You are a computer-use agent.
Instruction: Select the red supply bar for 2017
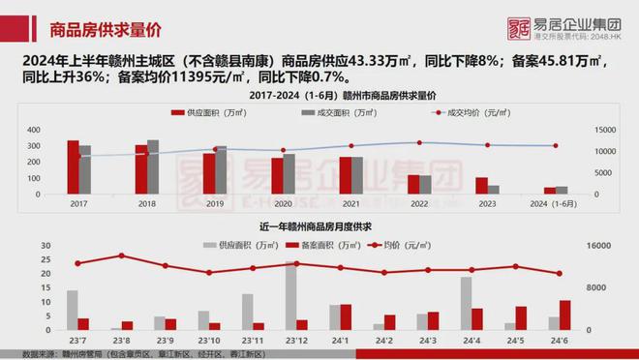[x=73, y=166]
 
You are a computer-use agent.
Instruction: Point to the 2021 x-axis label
[x=351, y=204]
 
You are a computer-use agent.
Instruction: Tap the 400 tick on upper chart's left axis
[x=33, y=130]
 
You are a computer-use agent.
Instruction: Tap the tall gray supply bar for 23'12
[x=290, y=295]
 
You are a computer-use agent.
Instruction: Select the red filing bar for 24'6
[x=565, y=315]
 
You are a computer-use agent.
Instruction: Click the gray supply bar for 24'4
[x=466, y=303]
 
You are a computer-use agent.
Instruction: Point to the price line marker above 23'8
[x=121, y=255]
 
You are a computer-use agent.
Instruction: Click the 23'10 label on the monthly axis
[x=209, y=342]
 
